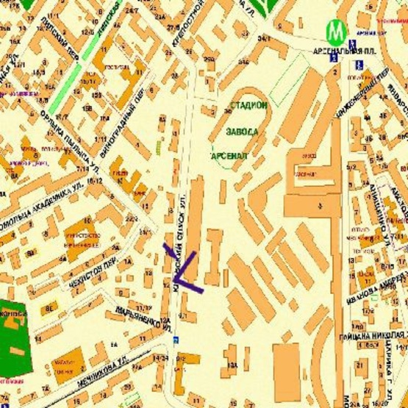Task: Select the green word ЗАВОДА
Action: click(242, 132)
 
